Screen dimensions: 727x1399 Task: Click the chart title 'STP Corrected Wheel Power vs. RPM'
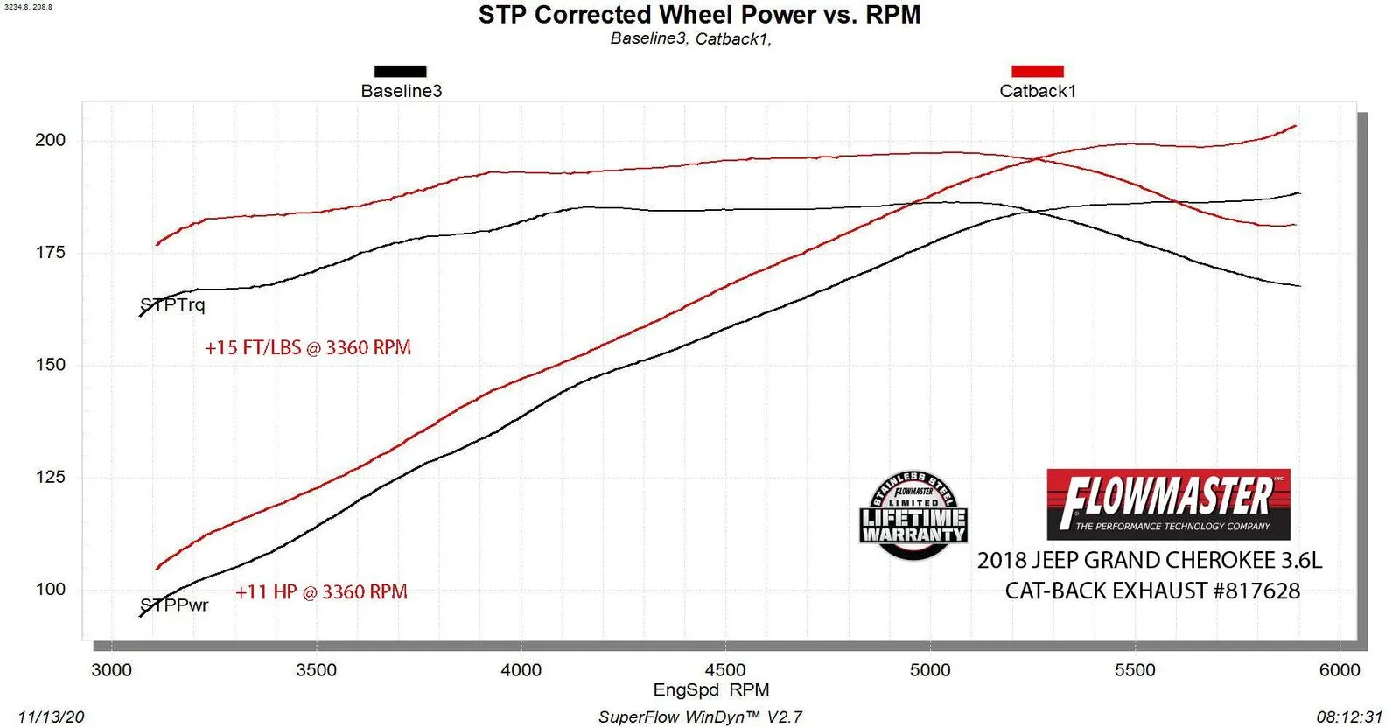699,15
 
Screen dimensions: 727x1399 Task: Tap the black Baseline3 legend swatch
401,71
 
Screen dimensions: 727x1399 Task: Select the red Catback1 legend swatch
1038,71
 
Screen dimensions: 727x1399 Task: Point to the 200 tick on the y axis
50,140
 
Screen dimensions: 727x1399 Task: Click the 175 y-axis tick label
50,252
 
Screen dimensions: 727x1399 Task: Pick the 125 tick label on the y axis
50,477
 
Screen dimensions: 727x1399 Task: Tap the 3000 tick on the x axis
112,670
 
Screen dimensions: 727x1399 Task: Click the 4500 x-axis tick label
725,670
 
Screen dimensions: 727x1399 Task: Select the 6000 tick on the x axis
1340,670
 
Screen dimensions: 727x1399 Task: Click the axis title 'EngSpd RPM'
711,689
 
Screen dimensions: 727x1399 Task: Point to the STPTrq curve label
173,304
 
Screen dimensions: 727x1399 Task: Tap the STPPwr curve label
175,605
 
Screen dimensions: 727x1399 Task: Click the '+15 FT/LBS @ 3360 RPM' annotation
308,347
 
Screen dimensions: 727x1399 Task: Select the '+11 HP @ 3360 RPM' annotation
321,592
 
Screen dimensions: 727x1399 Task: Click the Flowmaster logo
1168,504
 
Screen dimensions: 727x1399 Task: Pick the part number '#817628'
1256,591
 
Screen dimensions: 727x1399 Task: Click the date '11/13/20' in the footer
51,717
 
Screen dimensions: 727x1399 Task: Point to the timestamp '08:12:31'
1349,717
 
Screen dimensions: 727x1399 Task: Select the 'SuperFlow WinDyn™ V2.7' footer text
700,717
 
